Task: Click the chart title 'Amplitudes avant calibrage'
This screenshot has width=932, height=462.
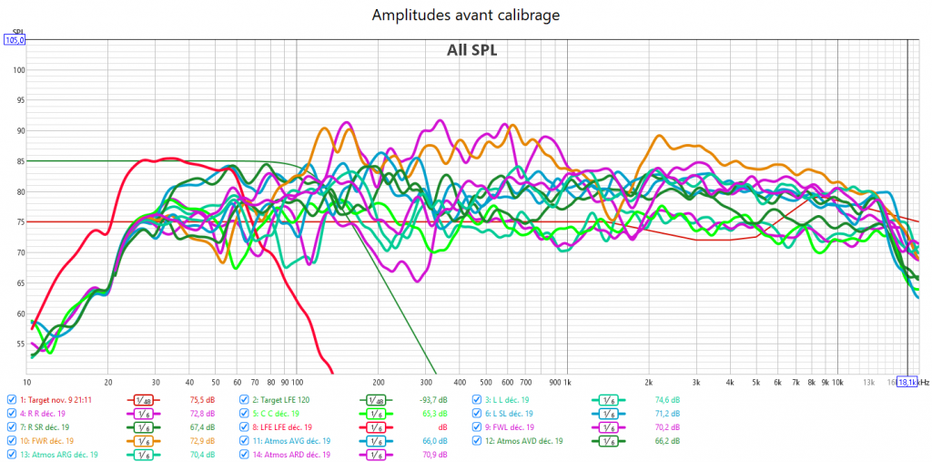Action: click(x=465, y=15)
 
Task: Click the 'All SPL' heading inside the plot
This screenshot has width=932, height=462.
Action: click(x=471, y=50)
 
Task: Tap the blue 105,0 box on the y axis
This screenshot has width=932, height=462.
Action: click(x=15, y=40)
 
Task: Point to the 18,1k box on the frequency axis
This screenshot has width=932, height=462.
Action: click(x=907, y=382)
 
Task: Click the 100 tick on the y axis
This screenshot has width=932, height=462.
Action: click(x=19, y=70)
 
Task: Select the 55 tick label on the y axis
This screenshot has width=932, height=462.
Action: click(x=19, y=344)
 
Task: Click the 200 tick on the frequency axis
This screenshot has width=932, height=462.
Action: click(x=379, y=382)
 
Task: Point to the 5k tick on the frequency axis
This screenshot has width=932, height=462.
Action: click(x=756, y=382)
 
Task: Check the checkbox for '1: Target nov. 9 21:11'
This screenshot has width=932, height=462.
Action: click(x=11, y=400)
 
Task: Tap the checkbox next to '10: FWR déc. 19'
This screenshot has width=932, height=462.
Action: click(x=11, y=441)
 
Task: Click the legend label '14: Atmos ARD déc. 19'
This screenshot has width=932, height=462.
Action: click(x=299, y=455)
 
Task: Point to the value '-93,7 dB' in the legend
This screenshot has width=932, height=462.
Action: click(x=430, y=400)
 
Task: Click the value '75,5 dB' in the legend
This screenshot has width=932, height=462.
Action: click(x=201, y=400)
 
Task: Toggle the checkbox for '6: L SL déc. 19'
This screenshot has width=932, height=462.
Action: click(x=477, y=414)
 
